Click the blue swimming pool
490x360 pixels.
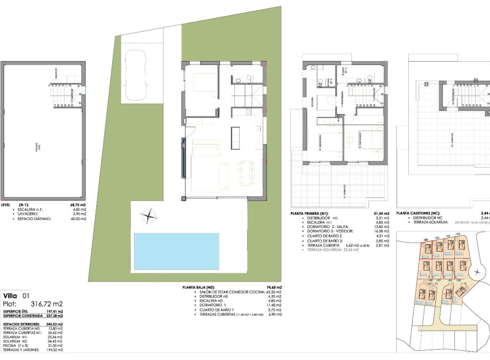(177, 250)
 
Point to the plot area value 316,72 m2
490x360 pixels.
(47, 304)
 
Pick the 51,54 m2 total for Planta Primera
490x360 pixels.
(382, 213)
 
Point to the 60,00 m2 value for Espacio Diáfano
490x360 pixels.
(77, 219)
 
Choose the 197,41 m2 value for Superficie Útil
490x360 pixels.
(55, 312)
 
